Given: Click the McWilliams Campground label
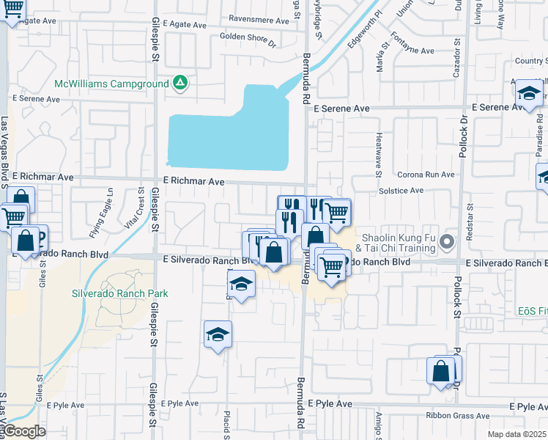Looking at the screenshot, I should coord(111,84).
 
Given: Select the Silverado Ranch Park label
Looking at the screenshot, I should coord(119,293).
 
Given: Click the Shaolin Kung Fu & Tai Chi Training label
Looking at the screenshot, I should coord(399,243).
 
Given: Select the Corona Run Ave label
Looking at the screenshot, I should coord(426,175).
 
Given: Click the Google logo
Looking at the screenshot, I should coord(24,431).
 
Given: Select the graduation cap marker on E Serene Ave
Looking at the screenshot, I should coord(527,94).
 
